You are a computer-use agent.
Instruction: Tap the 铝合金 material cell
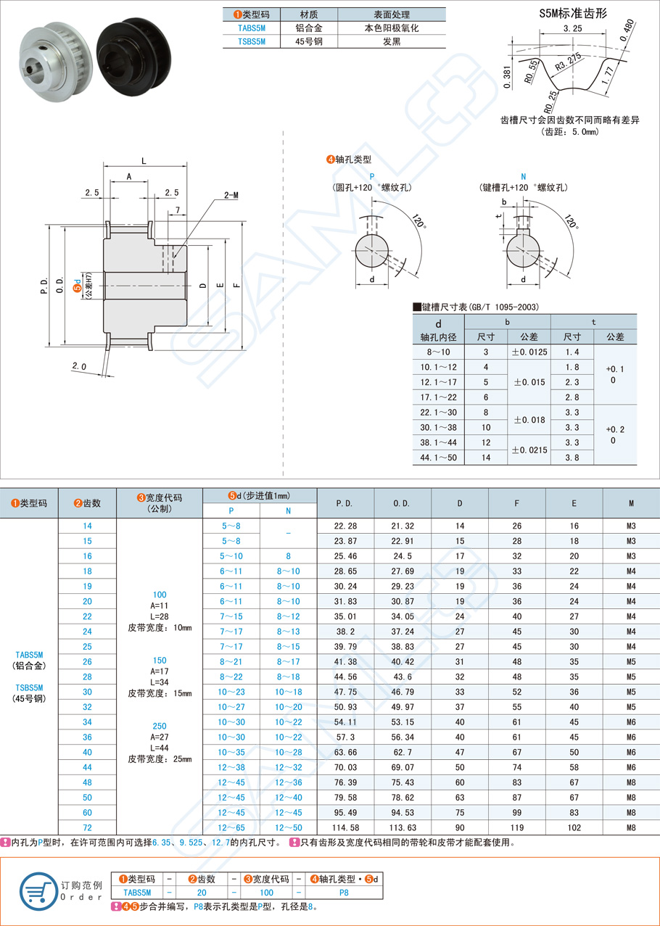(309, 28)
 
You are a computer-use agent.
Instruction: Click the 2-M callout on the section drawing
(231, 195)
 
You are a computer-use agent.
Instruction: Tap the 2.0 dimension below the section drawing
(80, 367)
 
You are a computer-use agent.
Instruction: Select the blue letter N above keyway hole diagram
(524, 176)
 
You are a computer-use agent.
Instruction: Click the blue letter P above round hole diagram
(372, 176)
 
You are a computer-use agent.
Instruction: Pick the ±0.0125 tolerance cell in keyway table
(529, 352)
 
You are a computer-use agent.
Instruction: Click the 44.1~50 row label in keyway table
(438, 457)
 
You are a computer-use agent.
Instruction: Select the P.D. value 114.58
(345, 827)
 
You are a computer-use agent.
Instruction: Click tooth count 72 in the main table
(87, 827)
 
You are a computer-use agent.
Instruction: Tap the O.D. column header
(403, 503)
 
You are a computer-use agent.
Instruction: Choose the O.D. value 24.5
(403, 556)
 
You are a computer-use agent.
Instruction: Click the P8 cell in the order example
(344, 893)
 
